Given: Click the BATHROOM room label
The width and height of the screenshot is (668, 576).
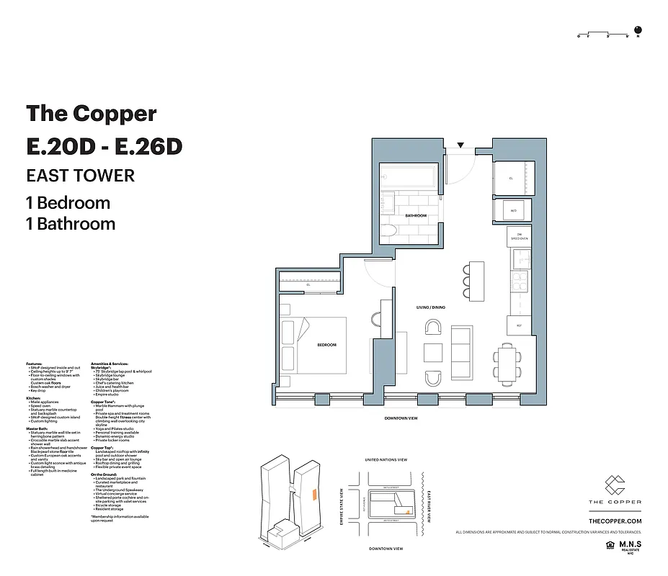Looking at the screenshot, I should coord(416,216).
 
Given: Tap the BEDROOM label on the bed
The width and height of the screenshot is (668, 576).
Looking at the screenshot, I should coord(326,345).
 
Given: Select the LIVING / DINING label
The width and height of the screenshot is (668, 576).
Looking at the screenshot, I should coord(430,307).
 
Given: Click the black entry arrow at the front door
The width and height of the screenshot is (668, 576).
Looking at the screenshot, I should coord(461,146).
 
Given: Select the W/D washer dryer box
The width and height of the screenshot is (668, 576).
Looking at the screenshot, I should coord(513,211).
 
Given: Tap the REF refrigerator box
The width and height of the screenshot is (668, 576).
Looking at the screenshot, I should coord(518,325).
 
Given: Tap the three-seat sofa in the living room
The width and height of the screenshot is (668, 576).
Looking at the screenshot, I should coord(462,352).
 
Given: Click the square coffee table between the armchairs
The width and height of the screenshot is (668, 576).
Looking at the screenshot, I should coord(432,353).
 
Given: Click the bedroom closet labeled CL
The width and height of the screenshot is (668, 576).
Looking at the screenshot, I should coord(308,284).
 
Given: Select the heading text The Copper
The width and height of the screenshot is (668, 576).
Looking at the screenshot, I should coord(91,114).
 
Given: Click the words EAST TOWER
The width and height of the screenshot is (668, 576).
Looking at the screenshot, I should coord(80,175).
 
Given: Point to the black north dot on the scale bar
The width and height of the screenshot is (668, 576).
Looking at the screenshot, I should coord(646,31).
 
